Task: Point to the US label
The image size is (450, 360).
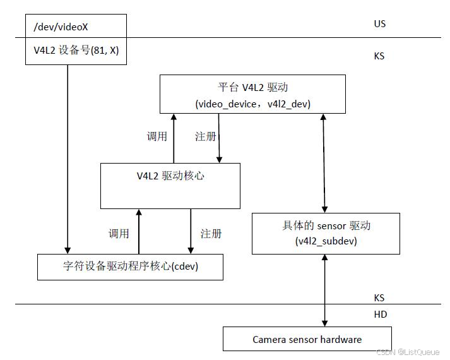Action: tap(379, 24)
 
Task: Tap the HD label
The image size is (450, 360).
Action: tap(381, 314)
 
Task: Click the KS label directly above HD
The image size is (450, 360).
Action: tap(379, 297)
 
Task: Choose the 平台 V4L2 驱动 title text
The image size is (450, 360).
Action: tap(252, 87)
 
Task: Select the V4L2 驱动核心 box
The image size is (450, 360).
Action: tap(170, 186)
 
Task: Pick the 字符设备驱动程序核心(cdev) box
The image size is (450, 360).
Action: tap(130, 267)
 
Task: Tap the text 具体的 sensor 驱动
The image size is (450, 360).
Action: tap(326, 225)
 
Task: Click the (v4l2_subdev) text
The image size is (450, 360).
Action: tap(326, 241)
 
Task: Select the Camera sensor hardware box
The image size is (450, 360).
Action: tap(307, 339)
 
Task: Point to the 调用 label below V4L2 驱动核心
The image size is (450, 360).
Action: tap(119, 234)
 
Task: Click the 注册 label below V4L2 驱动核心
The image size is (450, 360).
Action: tap(211, 234)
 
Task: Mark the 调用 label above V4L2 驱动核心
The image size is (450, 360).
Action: tap(157, 136)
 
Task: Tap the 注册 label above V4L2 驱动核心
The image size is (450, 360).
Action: tap(205, 136)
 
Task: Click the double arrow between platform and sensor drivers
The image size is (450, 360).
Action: tap(324, 163)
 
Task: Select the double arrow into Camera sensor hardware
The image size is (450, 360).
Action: tap(326, 291)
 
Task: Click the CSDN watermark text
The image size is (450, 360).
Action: tap(408, 352)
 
